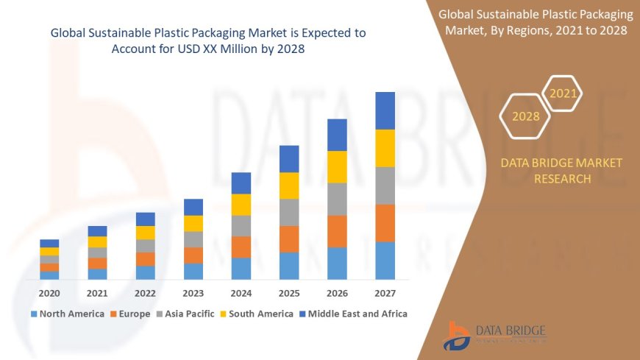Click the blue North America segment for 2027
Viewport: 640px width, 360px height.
coord(385,261)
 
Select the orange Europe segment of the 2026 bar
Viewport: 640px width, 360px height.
coord(337,231)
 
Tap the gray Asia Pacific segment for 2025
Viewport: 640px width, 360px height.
coord(289,212)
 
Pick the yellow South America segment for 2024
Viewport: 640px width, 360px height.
coord(241,205)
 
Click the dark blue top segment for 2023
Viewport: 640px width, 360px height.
coord(193,207)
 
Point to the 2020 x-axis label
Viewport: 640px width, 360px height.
coord(49,293)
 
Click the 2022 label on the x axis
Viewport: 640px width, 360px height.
coord(145,293)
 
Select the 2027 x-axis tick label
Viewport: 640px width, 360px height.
coord(385,293)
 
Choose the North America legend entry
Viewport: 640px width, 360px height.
coord(67,314)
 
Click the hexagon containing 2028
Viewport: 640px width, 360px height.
coord(525,116)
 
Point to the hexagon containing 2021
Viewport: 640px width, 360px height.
coord(563,93)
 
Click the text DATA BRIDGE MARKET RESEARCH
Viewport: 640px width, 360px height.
coord(561,171)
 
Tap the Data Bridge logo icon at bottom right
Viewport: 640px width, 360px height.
coord(458,336)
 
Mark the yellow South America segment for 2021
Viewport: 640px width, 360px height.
coord(97,241)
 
